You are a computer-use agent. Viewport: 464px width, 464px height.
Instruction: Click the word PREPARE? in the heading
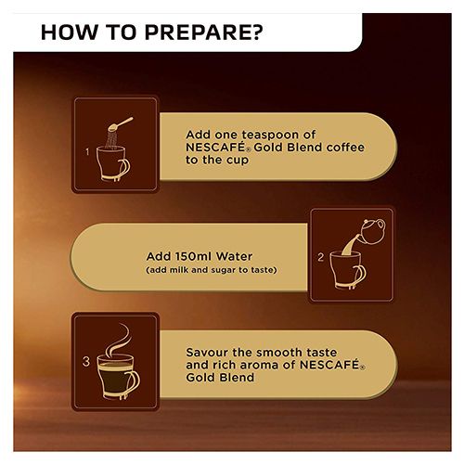tap(203, 32)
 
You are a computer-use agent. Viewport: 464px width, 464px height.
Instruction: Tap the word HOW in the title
tap(70, 32)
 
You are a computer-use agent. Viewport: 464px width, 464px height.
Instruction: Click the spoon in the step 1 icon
tap(120, 124)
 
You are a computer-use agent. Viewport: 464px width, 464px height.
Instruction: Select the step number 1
tap(87, 152)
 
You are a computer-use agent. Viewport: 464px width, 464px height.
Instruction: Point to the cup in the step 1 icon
tap(112, 163)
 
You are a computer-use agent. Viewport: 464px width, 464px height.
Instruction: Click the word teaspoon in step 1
tap(270, 135)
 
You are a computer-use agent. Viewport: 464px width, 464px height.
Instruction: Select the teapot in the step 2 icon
tap(372, 231)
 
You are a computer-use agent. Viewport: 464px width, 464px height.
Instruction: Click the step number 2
tap(320, 257)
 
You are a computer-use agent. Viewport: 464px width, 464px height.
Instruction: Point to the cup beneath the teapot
tap(347, 269)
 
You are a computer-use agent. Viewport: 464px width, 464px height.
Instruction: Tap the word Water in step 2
tap(234, 256)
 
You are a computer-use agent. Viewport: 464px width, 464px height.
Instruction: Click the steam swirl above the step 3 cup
tap(117, 340)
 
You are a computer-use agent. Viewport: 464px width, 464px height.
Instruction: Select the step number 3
tap(86, 361)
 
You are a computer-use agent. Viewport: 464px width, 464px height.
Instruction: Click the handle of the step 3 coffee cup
tap(134, 384)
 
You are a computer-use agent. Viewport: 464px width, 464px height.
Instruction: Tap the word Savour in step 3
tap(207, 353)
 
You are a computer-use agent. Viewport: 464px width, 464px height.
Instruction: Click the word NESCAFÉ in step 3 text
tap(329, 365)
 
